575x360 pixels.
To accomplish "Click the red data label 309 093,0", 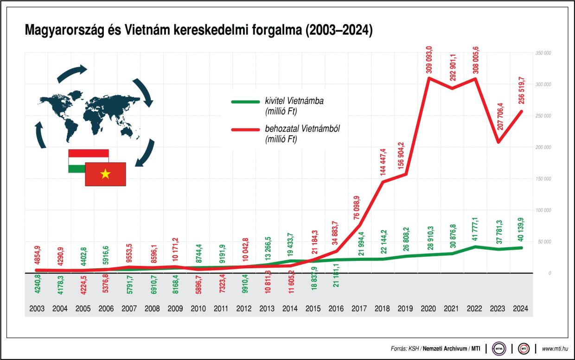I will coord(429,59).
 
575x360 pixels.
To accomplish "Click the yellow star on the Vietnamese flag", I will coord(105,174).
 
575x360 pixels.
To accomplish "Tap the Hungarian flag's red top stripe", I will coord(88,153).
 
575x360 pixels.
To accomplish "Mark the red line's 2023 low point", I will coord(498,142).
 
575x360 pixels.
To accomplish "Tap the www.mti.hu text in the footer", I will coord(554,348).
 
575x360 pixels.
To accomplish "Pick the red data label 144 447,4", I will coord(383,162).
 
